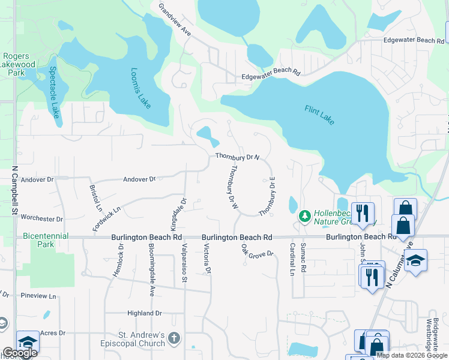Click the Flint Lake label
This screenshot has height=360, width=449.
coord(319,115)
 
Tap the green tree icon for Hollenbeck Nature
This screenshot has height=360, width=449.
coord(305,215)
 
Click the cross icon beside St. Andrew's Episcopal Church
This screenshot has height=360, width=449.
coord(174,338)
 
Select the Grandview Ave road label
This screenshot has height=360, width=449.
coord(175,20)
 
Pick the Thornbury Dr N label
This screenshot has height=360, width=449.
coord(238,157)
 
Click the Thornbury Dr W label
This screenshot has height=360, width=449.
coord(232,187)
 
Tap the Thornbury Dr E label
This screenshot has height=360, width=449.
coord(267,196)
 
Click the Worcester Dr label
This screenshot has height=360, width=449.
coord(41,218)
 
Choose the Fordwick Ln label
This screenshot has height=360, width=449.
coord(107,220)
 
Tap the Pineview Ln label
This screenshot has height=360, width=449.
coord(38,296)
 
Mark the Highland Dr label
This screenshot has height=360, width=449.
coord(145,313)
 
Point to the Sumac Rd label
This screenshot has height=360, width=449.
coord(303,258)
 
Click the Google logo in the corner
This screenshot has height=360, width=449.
coord(20,353)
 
